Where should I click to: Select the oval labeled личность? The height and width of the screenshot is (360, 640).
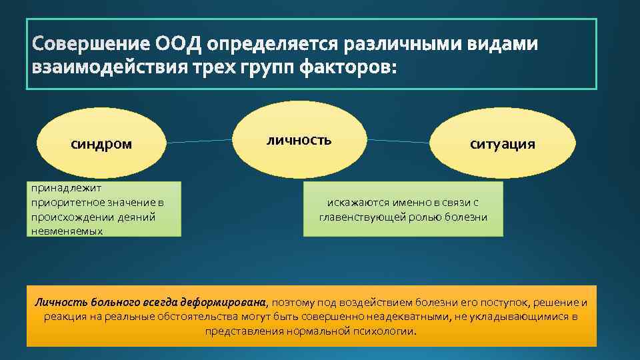pyautogui.click(x=299, y=140)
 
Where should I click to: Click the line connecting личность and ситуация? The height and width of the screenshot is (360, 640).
pyautogui.click(x=399, y=141)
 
